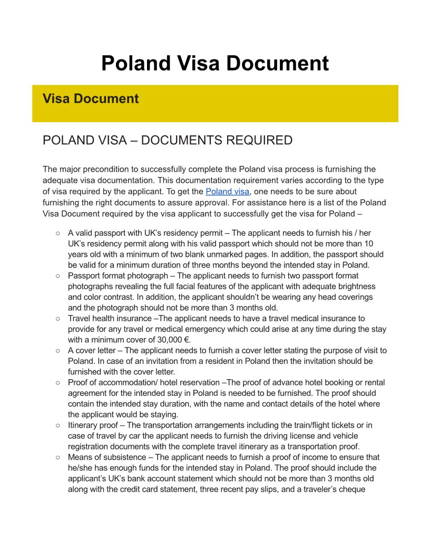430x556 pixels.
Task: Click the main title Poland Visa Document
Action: (x=215, y=63)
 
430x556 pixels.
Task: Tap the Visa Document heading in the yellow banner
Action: (x=90, y=98)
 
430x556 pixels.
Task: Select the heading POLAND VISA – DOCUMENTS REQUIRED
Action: (x=167, y=140)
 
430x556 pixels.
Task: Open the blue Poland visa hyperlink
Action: (x=227, y=191)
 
